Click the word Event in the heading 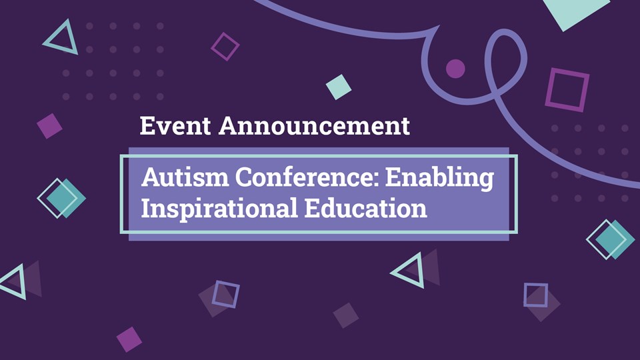[175, 125]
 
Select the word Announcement [314, 125]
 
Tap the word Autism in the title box [185, 177]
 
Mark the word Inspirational [219, 209]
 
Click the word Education [366, 208]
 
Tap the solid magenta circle [455, 68]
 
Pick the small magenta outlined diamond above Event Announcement [225, 47]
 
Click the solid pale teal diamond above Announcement [339, 87]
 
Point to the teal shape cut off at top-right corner [575, 12]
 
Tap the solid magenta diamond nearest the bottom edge [129, 339]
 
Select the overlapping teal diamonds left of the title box [61, 199]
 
